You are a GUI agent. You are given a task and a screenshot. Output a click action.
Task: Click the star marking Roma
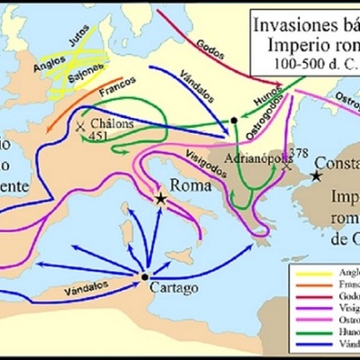[161, 198]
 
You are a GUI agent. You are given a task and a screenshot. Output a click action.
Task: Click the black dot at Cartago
[144, 276]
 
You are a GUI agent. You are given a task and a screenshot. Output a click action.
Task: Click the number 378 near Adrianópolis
[300, 153]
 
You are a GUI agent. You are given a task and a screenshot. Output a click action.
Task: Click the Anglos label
[41, 64]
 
